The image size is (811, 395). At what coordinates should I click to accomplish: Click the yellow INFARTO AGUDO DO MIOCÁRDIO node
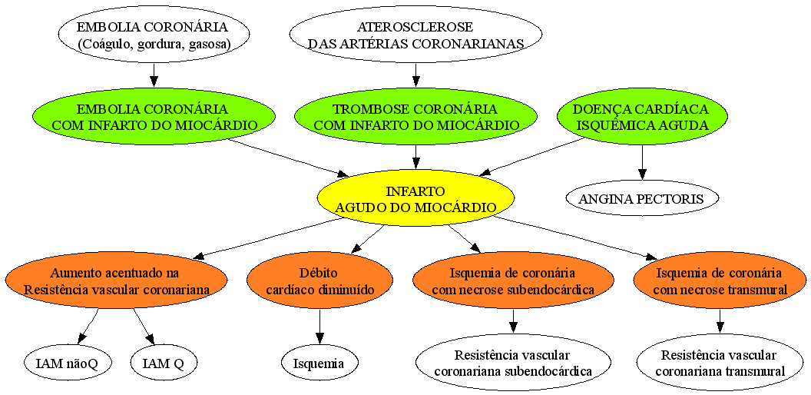pos(415,199)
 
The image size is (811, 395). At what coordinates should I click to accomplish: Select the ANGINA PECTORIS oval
pos(642,199)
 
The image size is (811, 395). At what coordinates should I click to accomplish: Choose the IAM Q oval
pos(164,363)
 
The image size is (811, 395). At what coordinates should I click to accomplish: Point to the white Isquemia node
pos(319,363)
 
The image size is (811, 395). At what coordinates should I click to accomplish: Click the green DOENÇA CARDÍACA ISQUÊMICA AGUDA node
pos(642,117)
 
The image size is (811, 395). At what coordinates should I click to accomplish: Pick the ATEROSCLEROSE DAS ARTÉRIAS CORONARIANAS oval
pos(415,35)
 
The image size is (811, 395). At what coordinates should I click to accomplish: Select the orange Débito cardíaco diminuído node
pos(319,280)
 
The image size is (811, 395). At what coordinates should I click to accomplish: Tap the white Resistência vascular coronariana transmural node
pos(719,363)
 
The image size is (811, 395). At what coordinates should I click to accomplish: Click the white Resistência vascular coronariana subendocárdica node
pos(513,363)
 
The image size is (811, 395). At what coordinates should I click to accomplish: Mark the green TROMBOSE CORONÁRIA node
pos(415,117)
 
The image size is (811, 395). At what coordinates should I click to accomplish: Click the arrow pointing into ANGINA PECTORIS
pos(642,163)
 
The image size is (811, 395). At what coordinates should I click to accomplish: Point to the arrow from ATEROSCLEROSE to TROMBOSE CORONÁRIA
pos(415,76)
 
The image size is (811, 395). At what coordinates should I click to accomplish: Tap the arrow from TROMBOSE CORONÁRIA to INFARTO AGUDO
pos(415,158)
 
